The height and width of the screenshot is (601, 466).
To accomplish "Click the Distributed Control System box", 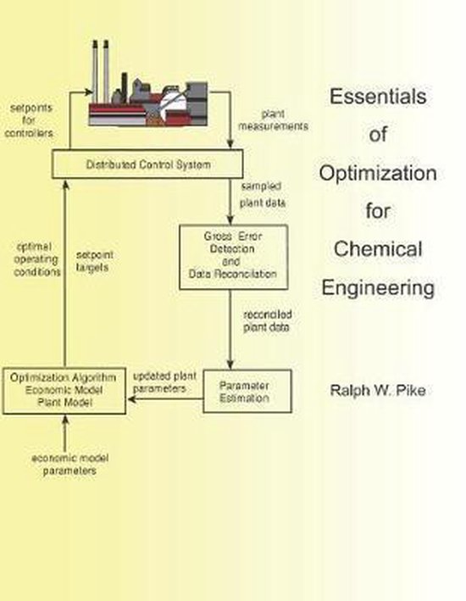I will [149, 164].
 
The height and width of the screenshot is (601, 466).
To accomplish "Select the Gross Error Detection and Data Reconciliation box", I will [230, 257].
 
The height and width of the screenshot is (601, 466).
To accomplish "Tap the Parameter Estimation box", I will [247, 390].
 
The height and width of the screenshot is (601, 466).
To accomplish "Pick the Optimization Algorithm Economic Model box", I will [64, 391].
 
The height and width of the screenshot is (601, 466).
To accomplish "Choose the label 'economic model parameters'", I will [64, 465].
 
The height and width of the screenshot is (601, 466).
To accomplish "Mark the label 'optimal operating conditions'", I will [39, 259].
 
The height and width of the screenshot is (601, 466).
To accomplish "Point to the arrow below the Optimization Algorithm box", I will [64, 431].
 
